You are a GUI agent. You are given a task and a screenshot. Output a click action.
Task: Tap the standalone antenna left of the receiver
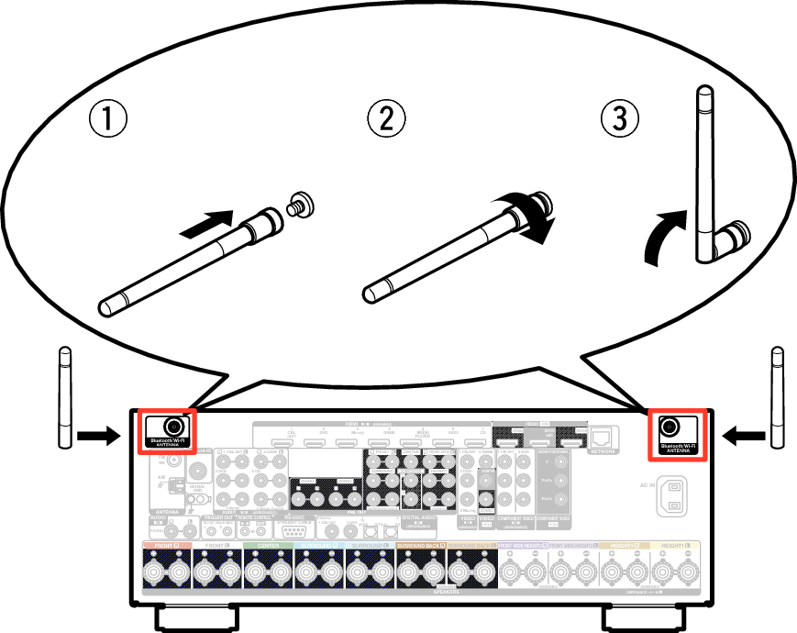tap(64, 397)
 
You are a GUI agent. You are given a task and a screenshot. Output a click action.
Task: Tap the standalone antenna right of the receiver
tap(778, 397)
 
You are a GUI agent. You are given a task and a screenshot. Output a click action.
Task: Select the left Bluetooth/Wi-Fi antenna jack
tap(172, 427)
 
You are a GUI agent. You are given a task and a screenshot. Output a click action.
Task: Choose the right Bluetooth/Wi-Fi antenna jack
tap(670, 427)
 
